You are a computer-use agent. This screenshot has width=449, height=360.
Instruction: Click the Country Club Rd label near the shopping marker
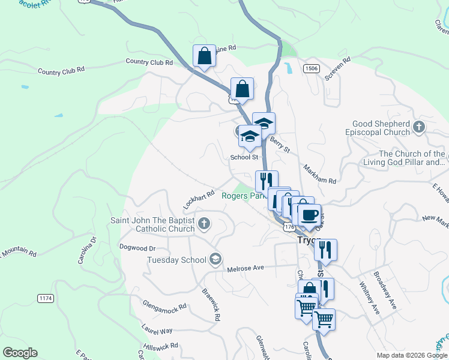click(x=149, y=62)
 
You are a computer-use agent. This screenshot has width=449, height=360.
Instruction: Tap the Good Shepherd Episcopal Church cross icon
click(x=419, y=127)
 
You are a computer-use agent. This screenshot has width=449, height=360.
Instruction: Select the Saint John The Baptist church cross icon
click(x=204, y=224)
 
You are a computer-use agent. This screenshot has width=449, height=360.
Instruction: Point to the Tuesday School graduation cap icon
click(x=215, y=259)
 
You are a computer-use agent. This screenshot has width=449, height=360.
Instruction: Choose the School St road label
click(x=244, y=157)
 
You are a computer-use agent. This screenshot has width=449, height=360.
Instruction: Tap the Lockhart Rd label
click(x=199, y=200)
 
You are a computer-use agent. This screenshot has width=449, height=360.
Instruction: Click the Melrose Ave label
click(x=246, y=269)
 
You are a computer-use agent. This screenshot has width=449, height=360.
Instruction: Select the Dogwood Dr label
click(x=137, y=248)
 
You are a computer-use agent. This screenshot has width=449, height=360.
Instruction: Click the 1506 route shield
click(x=310, y=68)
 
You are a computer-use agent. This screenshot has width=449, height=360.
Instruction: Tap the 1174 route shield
click(x=46, y=298)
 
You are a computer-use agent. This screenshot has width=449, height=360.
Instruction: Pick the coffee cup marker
click(x=309, y=215)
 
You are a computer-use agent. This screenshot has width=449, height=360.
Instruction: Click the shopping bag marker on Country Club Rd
click(x=204, y=56)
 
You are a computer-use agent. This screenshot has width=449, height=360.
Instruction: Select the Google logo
click(x=20, y=353)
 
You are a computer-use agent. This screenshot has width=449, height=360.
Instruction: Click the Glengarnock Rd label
click(x=164, y=306)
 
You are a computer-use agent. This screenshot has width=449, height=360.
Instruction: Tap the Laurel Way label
click(x=157, y=330)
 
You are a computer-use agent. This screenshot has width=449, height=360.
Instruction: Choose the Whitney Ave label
click(x=369, y=298)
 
